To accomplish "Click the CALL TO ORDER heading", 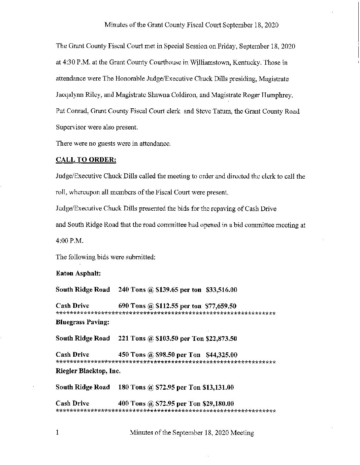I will click(86, 160).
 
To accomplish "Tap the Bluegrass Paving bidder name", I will click(82, 322).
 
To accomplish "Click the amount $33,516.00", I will click(221, 290).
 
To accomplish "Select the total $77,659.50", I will click(221, 306).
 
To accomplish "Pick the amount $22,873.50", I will click(221, 339).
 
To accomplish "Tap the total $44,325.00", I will click(221, 355).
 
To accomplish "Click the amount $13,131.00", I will click(218, 387).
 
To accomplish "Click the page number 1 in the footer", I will click(58, 432).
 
